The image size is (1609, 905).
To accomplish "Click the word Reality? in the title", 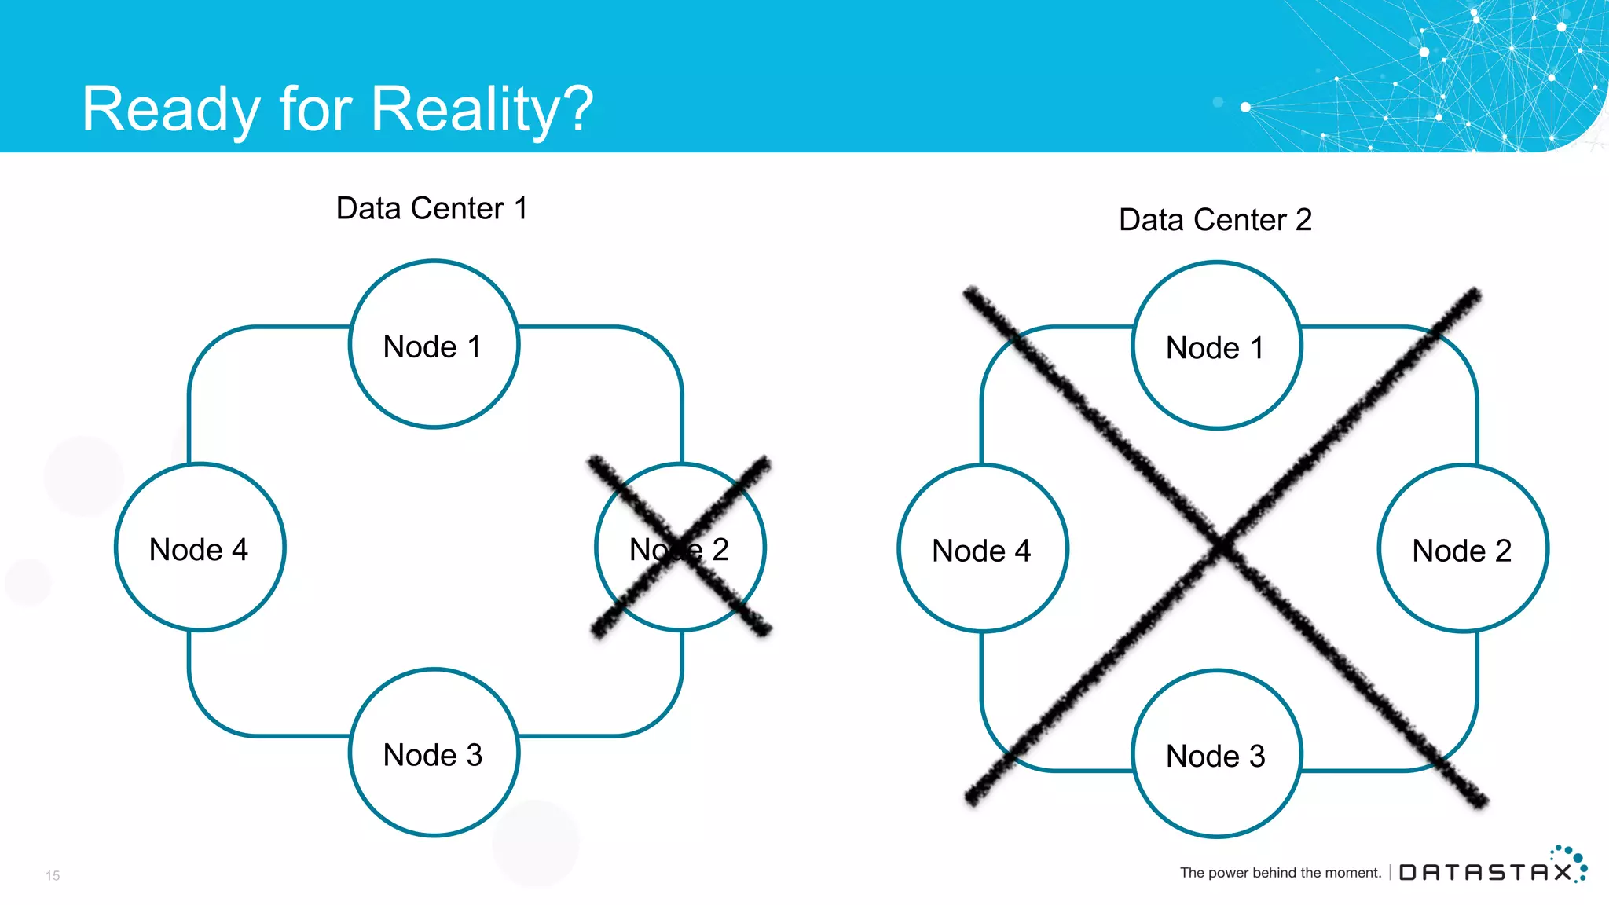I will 482,109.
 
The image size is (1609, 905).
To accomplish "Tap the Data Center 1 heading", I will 431,209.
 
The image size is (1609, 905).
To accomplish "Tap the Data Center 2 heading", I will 1215,220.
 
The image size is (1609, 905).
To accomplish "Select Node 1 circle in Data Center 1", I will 434,345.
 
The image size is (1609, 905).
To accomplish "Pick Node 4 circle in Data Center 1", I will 200,548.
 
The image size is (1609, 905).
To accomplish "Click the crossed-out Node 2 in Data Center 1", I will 680,548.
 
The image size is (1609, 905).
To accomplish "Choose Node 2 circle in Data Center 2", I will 1462,549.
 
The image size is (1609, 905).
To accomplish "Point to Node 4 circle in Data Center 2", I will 982,549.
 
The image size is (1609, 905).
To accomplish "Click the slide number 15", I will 53,875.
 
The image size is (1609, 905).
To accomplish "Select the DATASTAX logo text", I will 1485,873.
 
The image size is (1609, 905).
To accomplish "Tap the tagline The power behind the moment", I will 1280,873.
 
